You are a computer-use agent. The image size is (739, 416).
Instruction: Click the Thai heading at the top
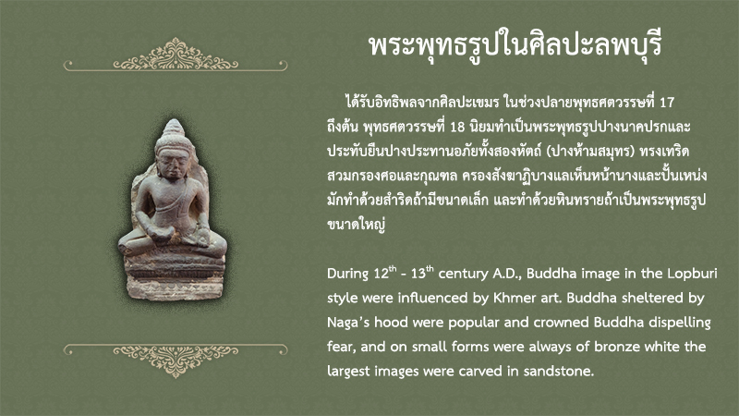(x=515, y=45)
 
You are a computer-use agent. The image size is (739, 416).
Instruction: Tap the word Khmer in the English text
(x=516, y=298)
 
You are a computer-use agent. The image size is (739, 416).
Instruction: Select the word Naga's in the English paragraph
(x=349, y=323)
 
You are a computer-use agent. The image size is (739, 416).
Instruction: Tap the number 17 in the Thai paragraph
(x=667, y=103)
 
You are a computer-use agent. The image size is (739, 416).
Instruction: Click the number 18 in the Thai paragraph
(x=457, y=127)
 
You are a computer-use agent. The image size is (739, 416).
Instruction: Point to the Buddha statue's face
(x=173, y=163)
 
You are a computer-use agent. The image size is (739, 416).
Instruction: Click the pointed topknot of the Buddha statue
(x=174, y=128)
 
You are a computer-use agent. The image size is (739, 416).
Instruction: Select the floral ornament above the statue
(x=176, y=55)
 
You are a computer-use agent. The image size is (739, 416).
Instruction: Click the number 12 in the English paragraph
(x=381, y=274)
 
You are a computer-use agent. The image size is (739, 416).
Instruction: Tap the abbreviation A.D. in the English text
(x=507, y=274)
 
